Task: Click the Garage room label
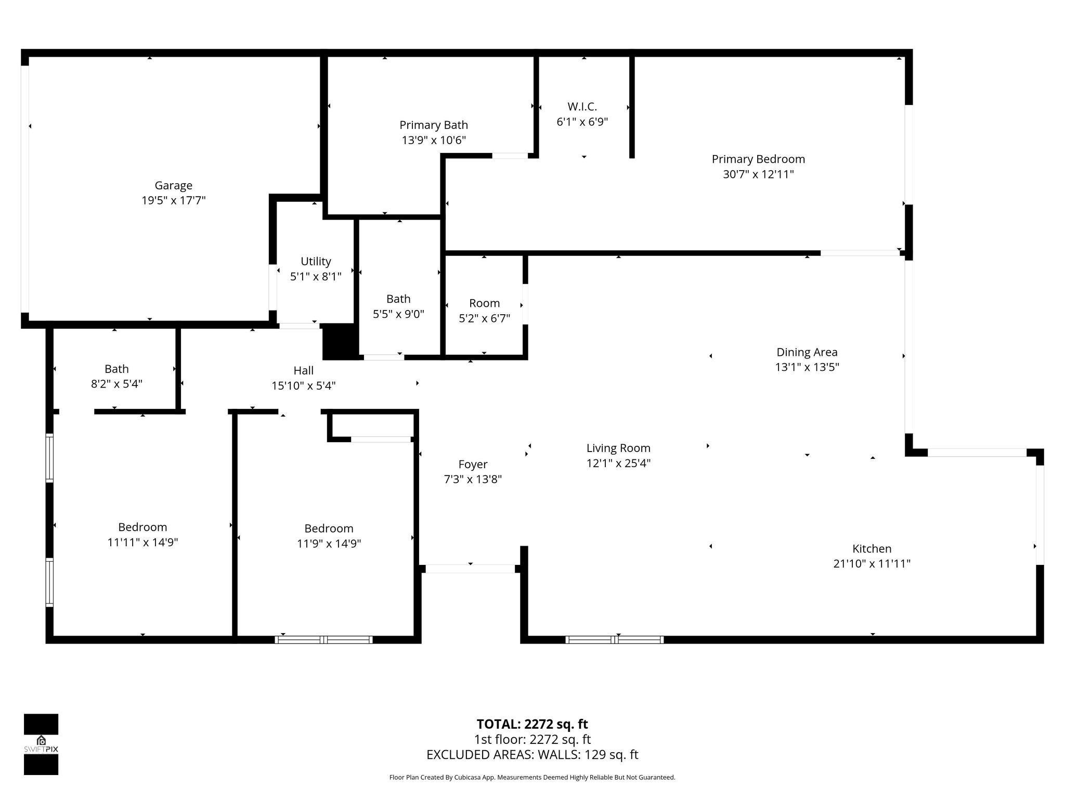173,185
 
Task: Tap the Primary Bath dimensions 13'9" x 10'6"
433,140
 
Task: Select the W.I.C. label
582,107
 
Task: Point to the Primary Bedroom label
758,159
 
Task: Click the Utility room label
316,261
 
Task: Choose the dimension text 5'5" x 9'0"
398,314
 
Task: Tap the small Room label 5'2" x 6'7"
484,303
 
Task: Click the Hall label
303,370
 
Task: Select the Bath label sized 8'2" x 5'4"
116,369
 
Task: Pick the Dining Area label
807,352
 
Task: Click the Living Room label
618,448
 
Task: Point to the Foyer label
473,464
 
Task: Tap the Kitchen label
872,548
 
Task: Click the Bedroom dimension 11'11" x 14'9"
142,542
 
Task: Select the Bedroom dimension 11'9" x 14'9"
329,543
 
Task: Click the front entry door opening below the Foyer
470,569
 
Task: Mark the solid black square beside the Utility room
339,341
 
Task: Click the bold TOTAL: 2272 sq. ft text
532,724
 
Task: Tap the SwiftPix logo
41,744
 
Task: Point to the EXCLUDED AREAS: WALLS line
532,754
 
